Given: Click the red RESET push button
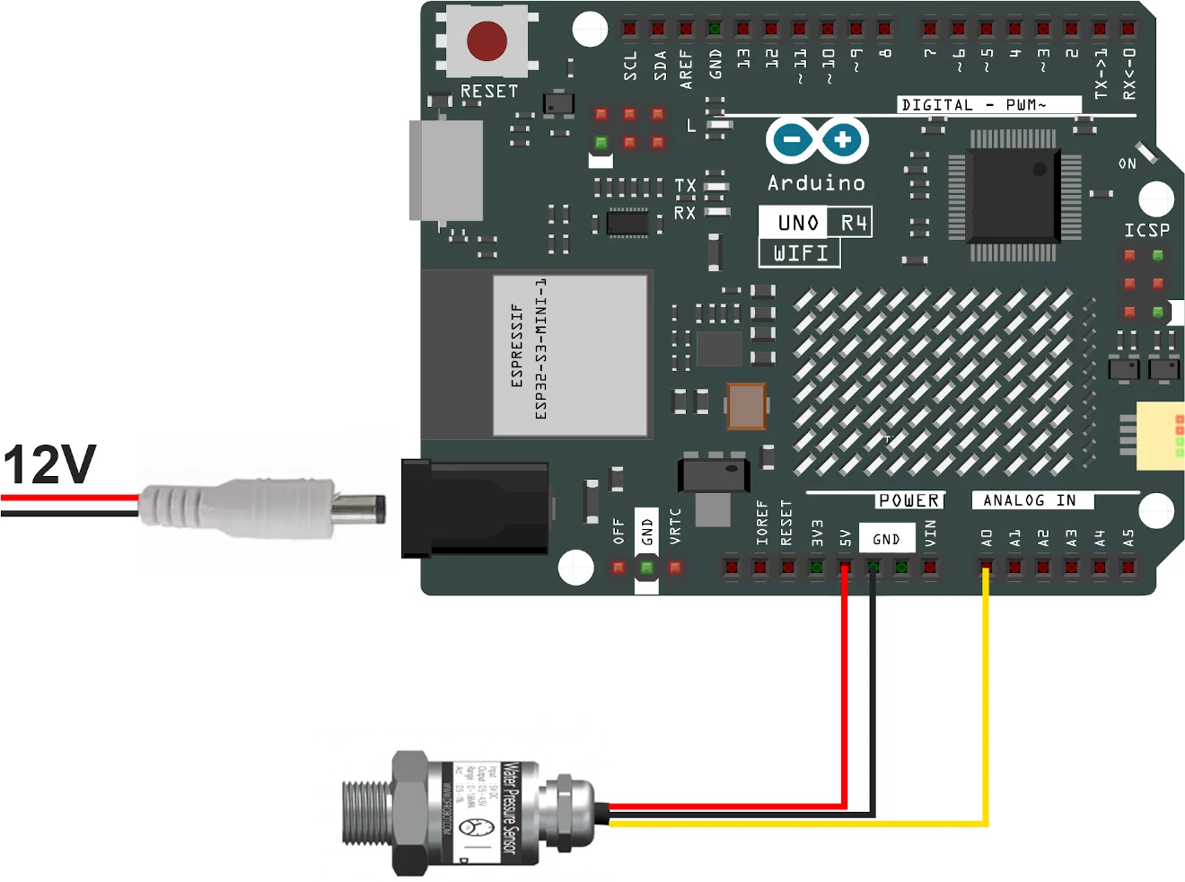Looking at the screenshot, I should coord(487,40).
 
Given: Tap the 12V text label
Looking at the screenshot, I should coord(49,464).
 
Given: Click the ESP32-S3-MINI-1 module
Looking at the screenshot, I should coord(569,355).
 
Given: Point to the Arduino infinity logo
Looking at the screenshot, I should coord(817,140).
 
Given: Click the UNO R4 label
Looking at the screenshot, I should coord(815,222).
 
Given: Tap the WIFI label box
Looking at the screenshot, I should coord(800,253).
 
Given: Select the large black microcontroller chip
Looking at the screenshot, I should coord(1014,194).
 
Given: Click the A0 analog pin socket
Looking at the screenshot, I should coord(986,568).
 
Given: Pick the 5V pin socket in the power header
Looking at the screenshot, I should coord(845,568).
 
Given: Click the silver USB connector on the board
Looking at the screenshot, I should coord(446,170).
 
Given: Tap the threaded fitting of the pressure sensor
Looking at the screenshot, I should coord(366,813).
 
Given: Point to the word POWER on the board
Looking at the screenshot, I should coord(908,500).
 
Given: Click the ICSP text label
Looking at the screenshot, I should coord(1146,230).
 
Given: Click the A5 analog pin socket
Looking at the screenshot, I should coord(1128,568).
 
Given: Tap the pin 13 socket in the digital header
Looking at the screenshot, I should coord(742,29).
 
